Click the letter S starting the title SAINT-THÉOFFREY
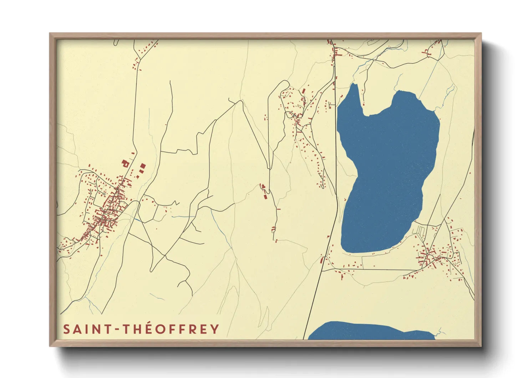pos(66,329)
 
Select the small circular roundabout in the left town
pos(104,194)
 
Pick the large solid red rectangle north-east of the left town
pos(143,166)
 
